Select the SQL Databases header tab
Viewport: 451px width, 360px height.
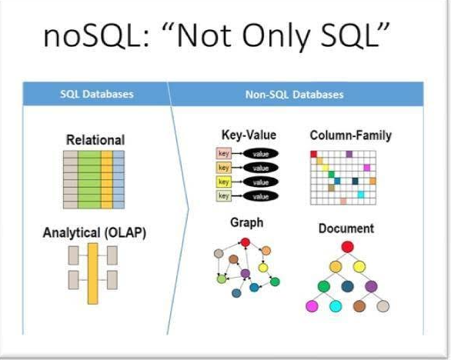(97, 95)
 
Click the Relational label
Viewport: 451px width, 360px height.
(95, 140)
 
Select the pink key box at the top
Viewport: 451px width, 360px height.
(224, 154)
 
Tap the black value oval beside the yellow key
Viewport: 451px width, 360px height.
(260, 182)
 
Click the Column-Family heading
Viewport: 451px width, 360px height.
(350, 135)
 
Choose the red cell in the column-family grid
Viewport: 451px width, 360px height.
(314, 155)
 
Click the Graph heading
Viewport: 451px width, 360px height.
(246, 223)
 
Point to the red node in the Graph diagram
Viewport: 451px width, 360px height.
(245, 243)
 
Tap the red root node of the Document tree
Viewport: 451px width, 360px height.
(347, 247)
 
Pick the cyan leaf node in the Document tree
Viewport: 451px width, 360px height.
(335, 306)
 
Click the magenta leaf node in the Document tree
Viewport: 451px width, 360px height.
(312, 306)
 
